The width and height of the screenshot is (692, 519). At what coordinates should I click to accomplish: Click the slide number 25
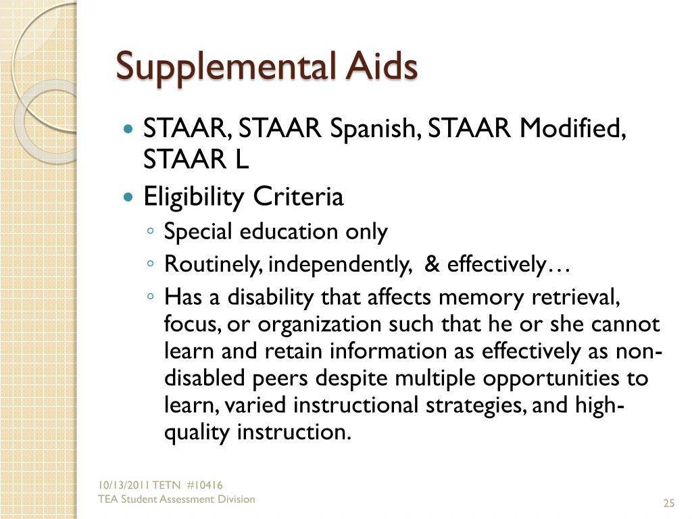click(669, 503)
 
